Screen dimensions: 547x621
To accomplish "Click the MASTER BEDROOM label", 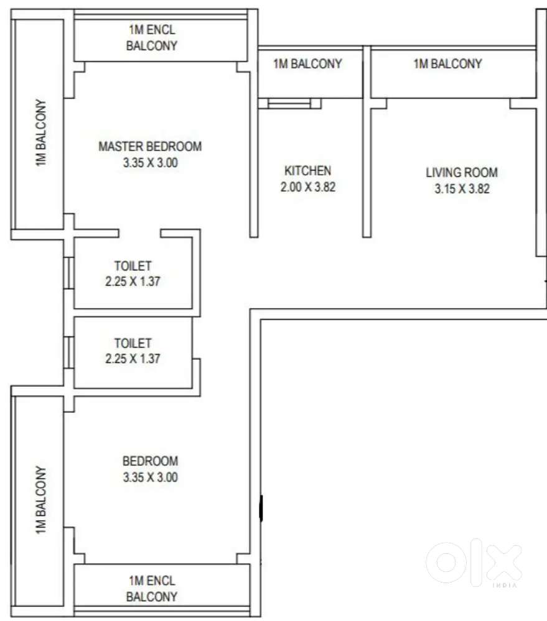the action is point(150,147).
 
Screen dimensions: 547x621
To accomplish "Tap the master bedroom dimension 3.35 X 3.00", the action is point(150,162).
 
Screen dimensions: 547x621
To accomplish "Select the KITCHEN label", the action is point(307,171).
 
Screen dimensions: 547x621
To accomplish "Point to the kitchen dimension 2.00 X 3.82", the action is point(308,186).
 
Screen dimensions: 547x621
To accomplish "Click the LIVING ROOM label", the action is point(462,173).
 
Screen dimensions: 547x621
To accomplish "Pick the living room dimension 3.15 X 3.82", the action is point(462,188).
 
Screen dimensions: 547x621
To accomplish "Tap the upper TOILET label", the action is point(133,266).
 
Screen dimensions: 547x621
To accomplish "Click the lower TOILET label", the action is point(133,343).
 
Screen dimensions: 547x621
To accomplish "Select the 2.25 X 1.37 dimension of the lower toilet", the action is point(133,359).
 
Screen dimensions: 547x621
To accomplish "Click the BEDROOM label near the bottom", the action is point(150,461).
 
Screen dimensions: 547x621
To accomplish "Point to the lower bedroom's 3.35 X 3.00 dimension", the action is point(150,477).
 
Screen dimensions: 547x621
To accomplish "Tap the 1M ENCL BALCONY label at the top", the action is point(152,38).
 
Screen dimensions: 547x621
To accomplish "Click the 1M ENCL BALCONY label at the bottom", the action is point(152,589).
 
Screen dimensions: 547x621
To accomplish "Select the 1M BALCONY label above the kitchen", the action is point(307,64).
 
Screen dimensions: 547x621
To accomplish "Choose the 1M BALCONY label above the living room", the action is point(448,64).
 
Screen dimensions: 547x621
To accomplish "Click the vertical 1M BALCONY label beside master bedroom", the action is point(41,132).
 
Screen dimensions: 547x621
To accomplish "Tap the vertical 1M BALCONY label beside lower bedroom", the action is point(41,500).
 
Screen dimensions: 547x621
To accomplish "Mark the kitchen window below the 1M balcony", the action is point(289,103).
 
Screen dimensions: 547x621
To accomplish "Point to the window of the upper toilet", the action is point(68,273).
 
